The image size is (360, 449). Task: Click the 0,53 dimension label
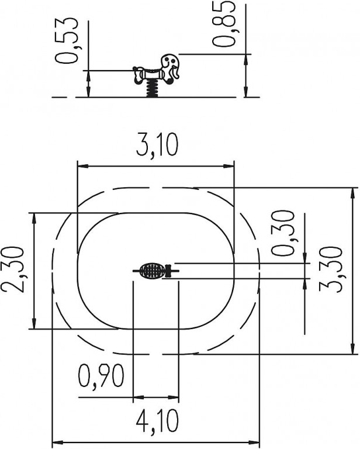pos(66,40)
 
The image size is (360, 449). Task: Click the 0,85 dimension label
pos(224,23)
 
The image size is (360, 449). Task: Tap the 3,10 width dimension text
pos(157,145)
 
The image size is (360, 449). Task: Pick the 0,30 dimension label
pos(282,233)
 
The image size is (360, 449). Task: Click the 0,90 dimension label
pos(101,376)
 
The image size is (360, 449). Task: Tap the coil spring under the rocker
pos(152,88)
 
